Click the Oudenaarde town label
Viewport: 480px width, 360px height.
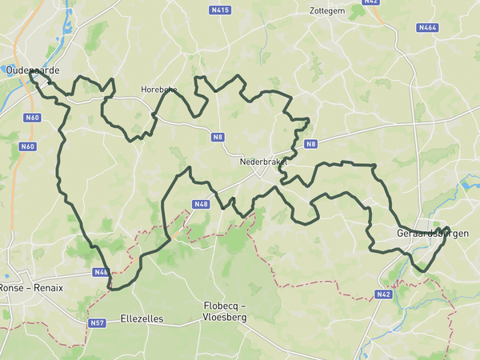click(x=33, y=70)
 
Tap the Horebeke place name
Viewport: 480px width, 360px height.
click(x=158, y=90)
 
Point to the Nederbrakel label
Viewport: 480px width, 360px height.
click(x=262, y=161)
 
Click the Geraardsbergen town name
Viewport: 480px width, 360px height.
click(x=432, y=234)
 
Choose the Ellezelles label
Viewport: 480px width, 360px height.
click(x=142, y=318)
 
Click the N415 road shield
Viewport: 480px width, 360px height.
click(x=220, y=10)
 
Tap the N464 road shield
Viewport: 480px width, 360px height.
click(x=427, y=27)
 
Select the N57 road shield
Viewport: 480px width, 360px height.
click(x=97, y=323)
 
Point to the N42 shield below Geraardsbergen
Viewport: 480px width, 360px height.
click(x=383, y=294)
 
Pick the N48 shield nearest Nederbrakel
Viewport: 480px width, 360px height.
click(x=200, y=204)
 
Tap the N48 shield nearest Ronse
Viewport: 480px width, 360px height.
click(x=101, y=272)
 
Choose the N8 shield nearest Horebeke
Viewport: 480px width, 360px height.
click(x=218, y=137)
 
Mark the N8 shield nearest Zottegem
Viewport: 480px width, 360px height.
click(x=311, y=144)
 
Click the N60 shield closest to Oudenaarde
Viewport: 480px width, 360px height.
click(x=32, y=118)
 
